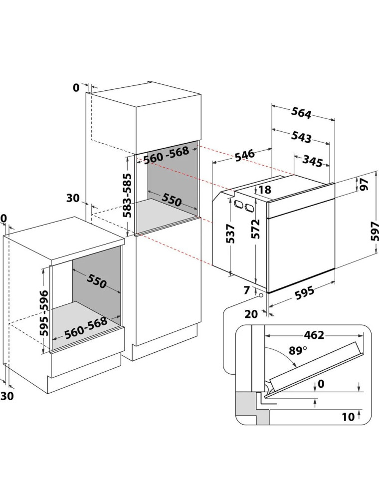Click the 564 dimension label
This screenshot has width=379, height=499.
(x=301, y=113)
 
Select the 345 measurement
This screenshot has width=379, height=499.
(x=312, y=161)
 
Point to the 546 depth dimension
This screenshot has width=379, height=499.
(x=245, y=155)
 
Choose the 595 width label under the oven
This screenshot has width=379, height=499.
(x=304, y=293)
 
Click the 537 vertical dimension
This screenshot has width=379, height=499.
(x=231, y=234)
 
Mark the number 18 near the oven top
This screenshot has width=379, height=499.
(x=265, y=190)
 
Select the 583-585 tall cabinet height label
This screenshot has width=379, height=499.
(x=128, y=196)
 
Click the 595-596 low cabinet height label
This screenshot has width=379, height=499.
(x=44, y=313)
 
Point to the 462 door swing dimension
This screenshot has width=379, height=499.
(x=314, y=335)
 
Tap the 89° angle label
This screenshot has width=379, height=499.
(x=298, y=350)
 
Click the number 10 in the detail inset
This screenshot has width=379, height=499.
(x=348, y=417)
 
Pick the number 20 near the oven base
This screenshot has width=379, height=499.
(x=251, y=314)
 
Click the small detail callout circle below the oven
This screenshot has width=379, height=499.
(x=261, y=295)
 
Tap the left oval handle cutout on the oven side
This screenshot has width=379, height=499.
(x=238, y=204)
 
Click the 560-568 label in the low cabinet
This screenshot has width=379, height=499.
(x=86, y=328)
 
